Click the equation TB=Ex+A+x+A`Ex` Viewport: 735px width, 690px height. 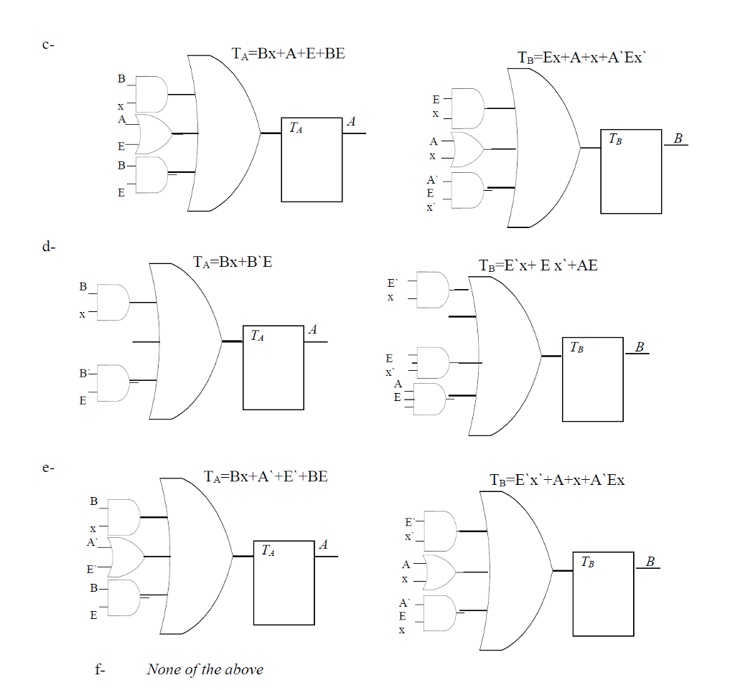coord(582,58)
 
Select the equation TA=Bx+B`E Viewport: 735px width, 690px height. coord(233,262)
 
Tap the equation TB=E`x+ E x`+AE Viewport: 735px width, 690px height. coord(538,265)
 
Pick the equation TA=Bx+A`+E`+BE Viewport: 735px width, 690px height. coord(266,476)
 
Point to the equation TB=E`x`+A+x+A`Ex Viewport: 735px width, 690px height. coord(557,480)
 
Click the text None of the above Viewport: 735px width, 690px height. coord(205,669)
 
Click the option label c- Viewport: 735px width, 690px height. coord(48,44)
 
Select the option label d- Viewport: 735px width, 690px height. coord(48,247)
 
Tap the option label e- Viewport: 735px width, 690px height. coord(48,468)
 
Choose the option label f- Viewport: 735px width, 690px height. coord(100,670)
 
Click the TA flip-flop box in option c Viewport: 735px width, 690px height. coord(312,159)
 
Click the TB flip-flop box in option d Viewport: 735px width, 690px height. coord(592,379)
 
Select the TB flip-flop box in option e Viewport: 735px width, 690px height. coord(603,594)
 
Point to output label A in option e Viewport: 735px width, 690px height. coord(323,546)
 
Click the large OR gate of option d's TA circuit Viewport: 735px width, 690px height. coord(183,341)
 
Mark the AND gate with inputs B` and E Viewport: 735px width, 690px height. coord(113,382)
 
